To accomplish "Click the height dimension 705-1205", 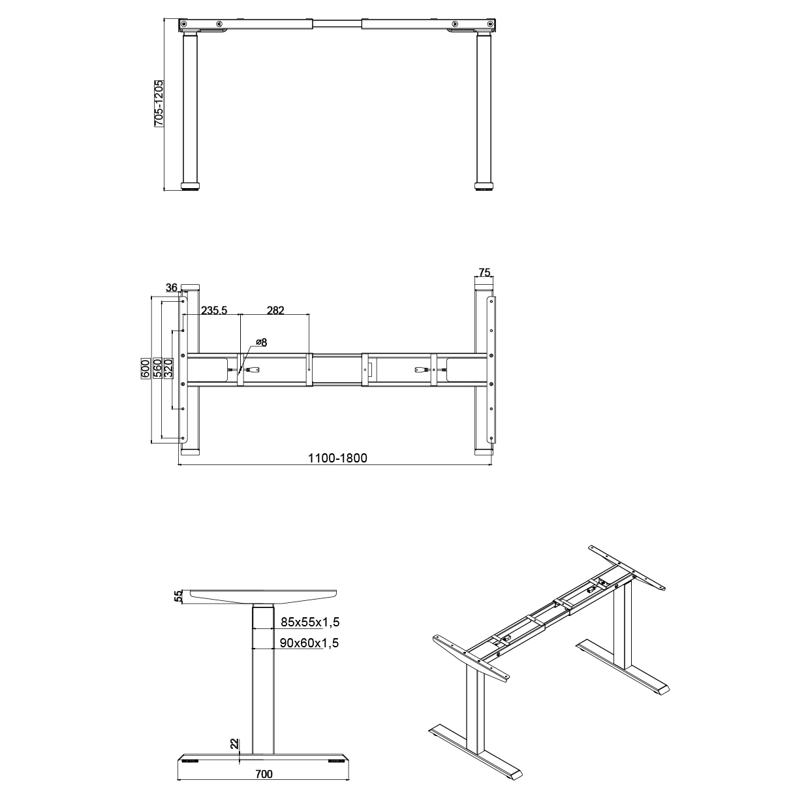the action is pos(159,104).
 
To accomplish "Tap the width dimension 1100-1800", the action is pos(337,458).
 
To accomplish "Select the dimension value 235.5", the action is pos(214,310).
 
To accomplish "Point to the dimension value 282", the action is pos(275,310).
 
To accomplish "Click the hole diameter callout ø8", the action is pos(262,342).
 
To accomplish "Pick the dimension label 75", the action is pos(484,272).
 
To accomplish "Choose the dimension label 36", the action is pos(171,287).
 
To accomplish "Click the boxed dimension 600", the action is pos(146,368).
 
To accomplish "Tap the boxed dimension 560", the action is pos(157,368).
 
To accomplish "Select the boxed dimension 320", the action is pos(168,368).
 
